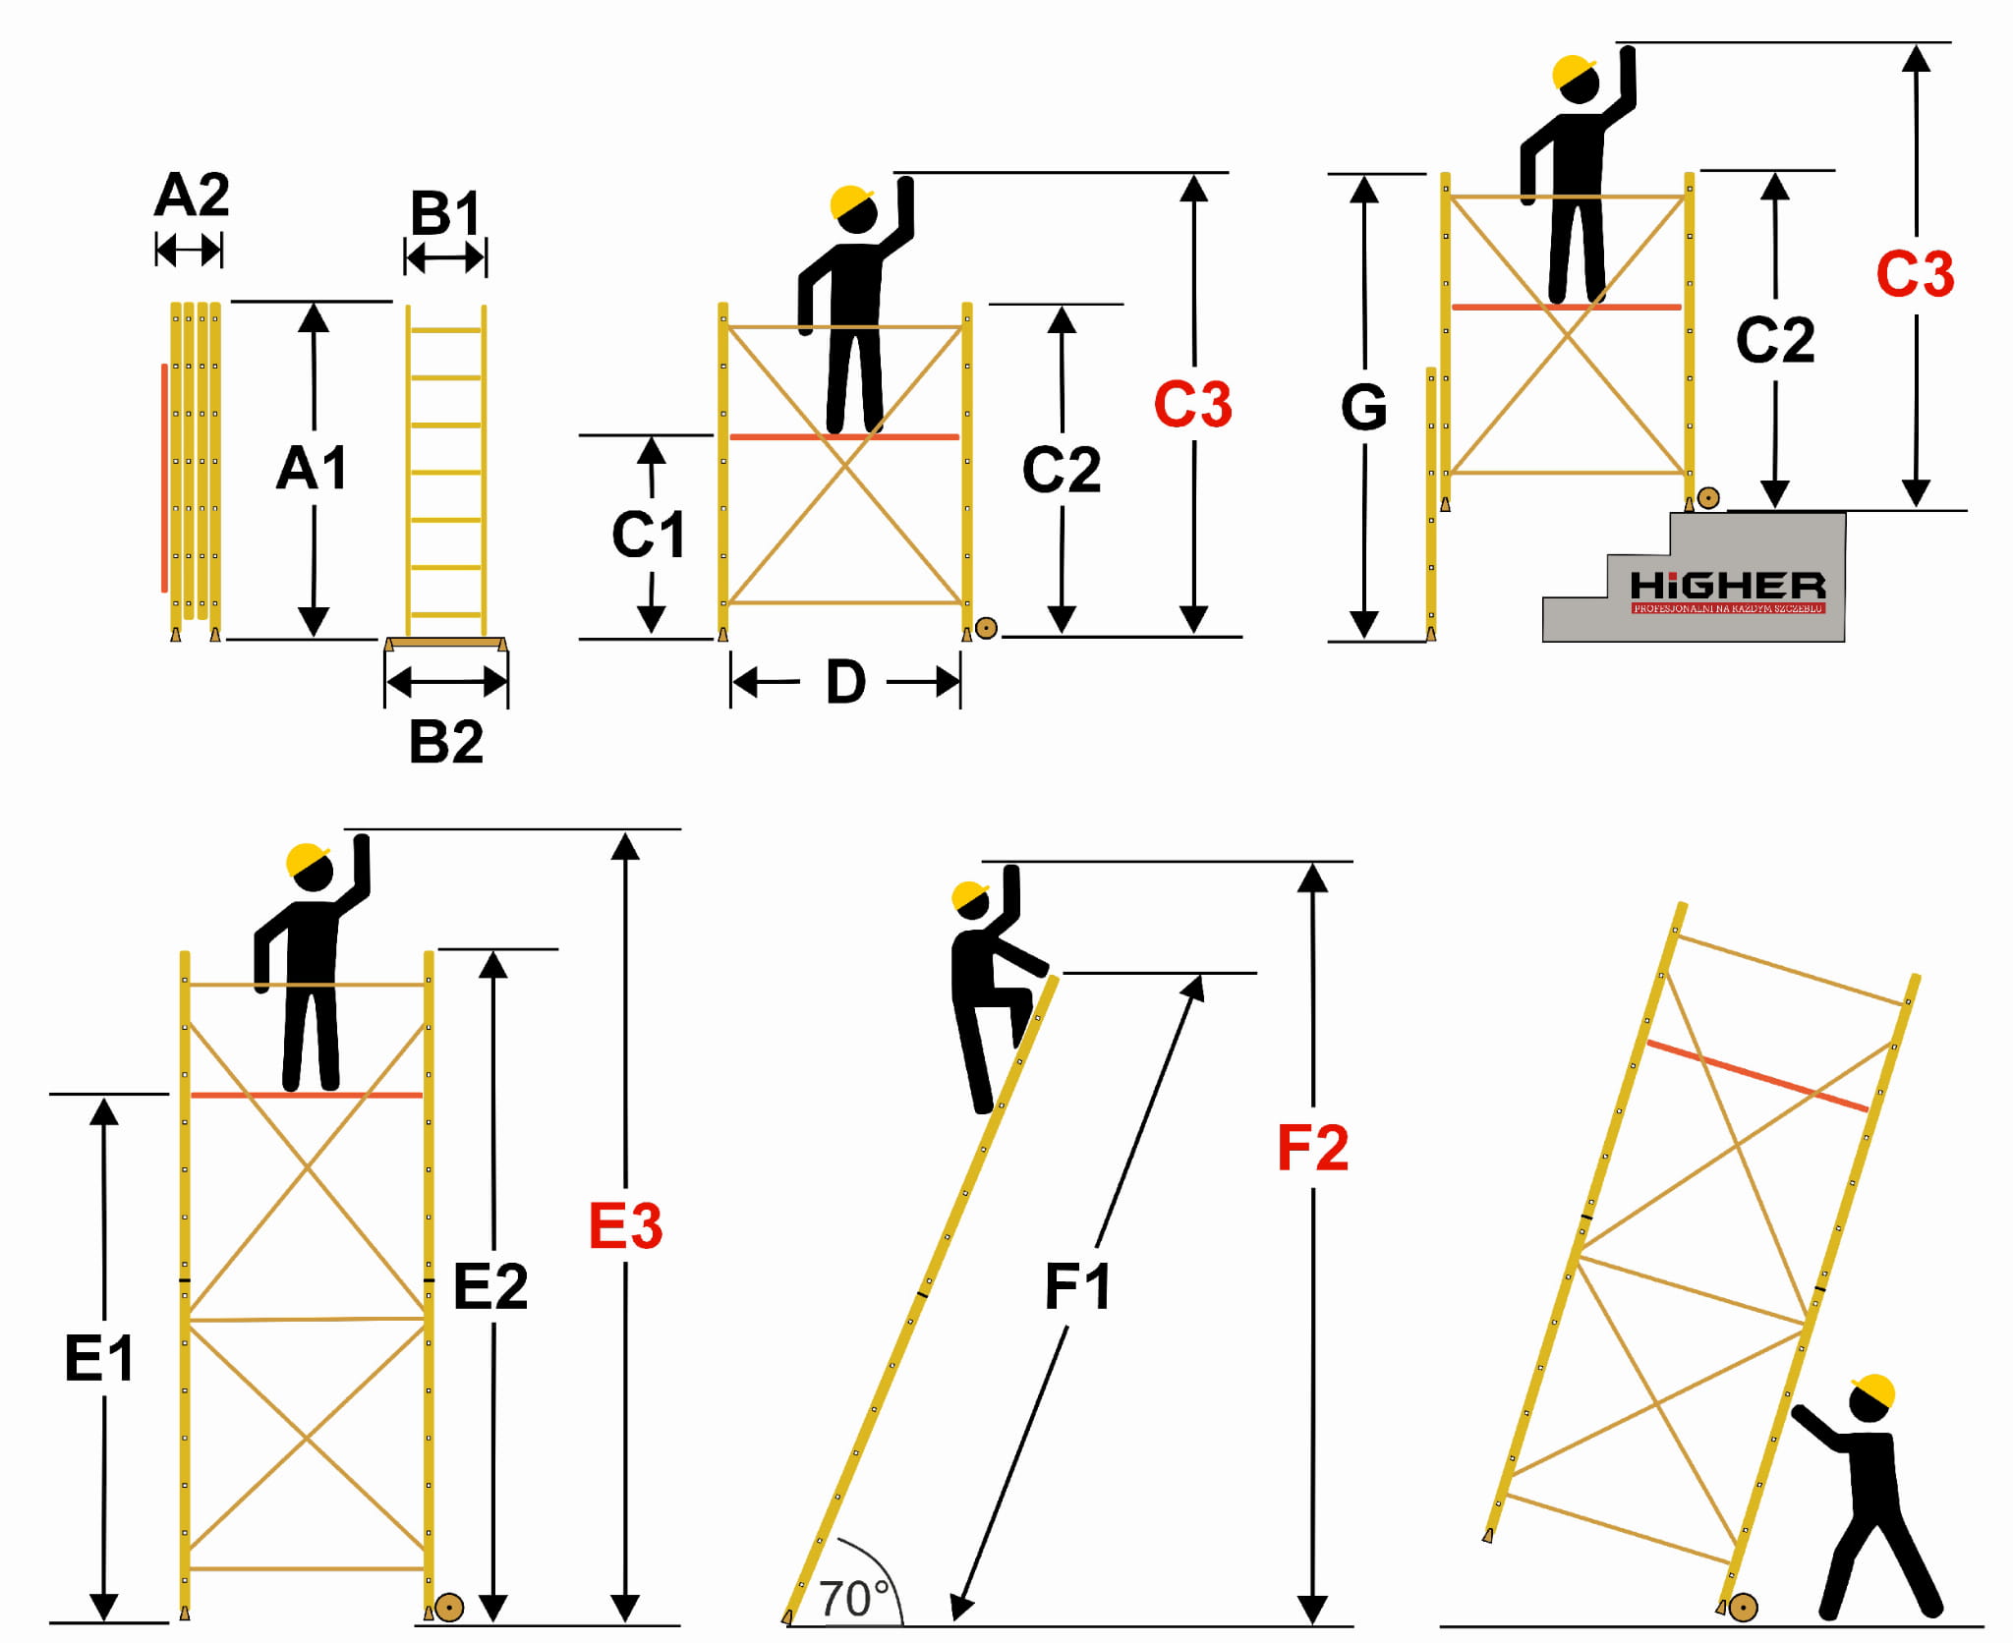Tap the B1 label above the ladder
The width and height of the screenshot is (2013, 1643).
(445, 212)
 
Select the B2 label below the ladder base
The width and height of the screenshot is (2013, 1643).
(446, 741)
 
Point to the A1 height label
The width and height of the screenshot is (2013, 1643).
(312, 468)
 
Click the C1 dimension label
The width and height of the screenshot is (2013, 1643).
(648, 535)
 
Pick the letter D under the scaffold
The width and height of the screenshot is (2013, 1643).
(845, 682)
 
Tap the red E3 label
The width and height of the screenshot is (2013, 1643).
(625, 1225)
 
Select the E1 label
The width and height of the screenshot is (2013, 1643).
(99, 1359)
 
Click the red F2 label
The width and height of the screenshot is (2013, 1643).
(1312, 1148)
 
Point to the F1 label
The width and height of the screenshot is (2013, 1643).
(1077, 1286)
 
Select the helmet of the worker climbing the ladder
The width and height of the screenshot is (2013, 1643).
(970, 895)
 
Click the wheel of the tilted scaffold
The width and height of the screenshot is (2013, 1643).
(1742, 1608)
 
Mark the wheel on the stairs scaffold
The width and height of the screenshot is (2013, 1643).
(1708, 498)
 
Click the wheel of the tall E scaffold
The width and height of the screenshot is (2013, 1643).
(449, 1608)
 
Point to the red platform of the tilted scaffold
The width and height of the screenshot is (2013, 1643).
(1756, 1075)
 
